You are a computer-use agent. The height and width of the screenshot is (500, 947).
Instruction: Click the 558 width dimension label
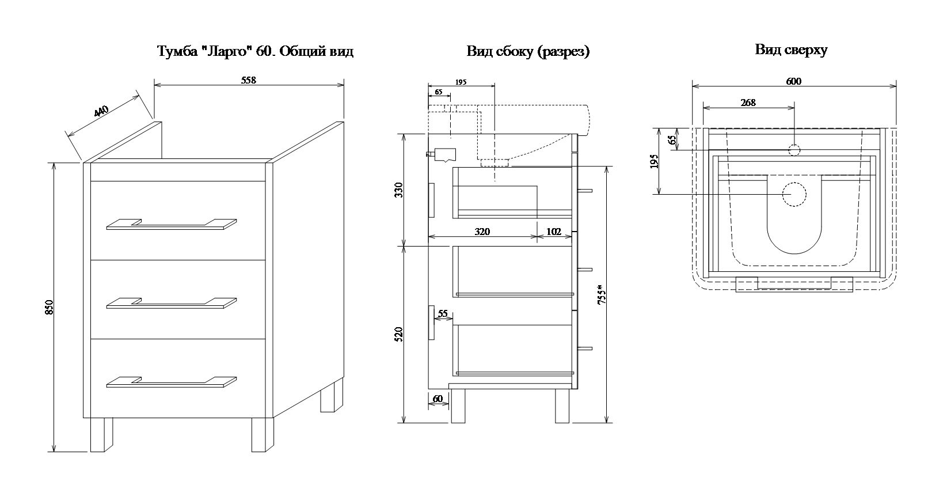[x=248, y=80]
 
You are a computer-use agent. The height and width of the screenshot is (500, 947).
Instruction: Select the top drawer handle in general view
[x=172, y=225]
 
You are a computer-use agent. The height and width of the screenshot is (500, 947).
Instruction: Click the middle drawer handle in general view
[x=172, y=303]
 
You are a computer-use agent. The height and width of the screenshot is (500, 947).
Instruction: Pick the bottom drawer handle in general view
[x=172, y=382]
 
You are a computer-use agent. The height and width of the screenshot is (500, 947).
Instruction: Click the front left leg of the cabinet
[x=101, y=434]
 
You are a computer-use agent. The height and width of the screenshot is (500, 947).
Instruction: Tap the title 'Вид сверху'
[x=791, y=50]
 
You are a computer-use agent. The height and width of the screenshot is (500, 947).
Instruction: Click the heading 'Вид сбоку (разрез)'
[x=528, y=52]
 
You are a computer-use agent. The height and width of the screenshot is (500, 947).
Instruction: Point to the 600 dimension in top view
[x=793, y=81]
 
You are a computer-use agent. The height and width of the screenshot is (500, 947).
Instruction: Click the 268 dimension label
[x=748, y=103]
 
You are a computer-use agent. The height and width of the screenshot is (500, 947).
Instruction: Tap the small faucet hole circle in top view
[x=794, y=150]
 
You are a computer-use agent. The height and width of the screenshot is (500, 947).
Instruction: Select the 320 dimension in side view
[x=482, y=232]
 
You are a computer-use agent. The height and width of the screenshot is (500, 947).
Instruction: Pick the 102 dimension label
[x=553, y=232]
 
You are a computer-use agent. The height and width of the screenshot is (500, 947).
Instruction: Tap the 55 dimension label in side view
[x=443, y=314]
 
